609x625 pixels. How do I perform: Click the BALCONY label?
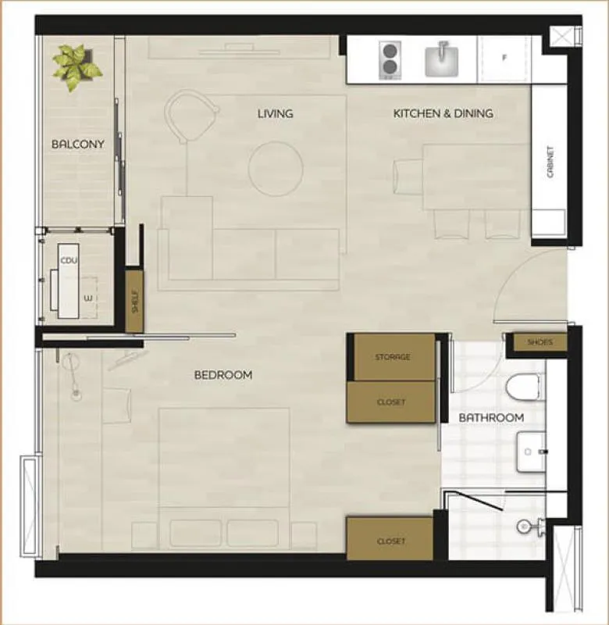pyautogui.click(x=78, y=144)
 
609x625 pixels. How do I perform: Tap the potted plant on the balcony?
pyautogui.click(x=76, y=66)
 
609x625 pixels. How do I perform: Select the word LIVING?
pyautogui.click(x=276, y=113)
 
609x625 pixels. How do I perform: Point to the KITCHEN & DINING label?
pyautogui.click(x=443, y=113)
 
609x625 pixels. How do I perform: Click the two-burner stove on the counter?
pyautogui.click(x=390, y=60)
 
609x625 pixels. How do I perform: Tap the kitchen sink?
pyautogui.click(x=441, y=60)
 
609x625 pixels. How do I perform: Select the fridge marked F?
pyautogui.click(x=504, y=59)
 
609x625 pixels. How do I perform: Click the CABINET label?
pyautogui.click(x=550, y=162)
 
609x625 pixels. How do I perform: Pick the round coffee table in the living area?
pyautogui.click(x=276, y=169)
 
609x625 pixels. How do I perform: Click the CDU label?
pyautogui.click(x=69, y=261)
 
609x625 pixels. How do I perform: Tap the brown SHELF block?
pyautogui.click(x=134, y=302)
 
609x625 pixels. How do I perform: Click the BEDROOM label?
pyautogui.click(x=223, y=375)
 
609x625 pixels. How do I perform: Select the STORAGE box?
pyautogui.click(x=394, y=357)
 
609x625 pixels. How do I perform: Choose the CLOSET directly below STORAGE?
pyautogui.click(x=390, y=402)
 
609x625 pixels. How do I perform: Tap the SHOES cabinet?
pyautogui.click(x=540, y=342)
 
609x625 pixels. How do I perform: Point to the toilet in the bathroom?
pyautogui.click(x=525, y=386)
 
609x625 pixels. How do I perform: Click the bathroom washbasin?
pyautogui.click(x=531, y=452)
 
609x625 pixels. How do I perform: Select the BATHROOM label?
pyautogui.click(x=491, y=418)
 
